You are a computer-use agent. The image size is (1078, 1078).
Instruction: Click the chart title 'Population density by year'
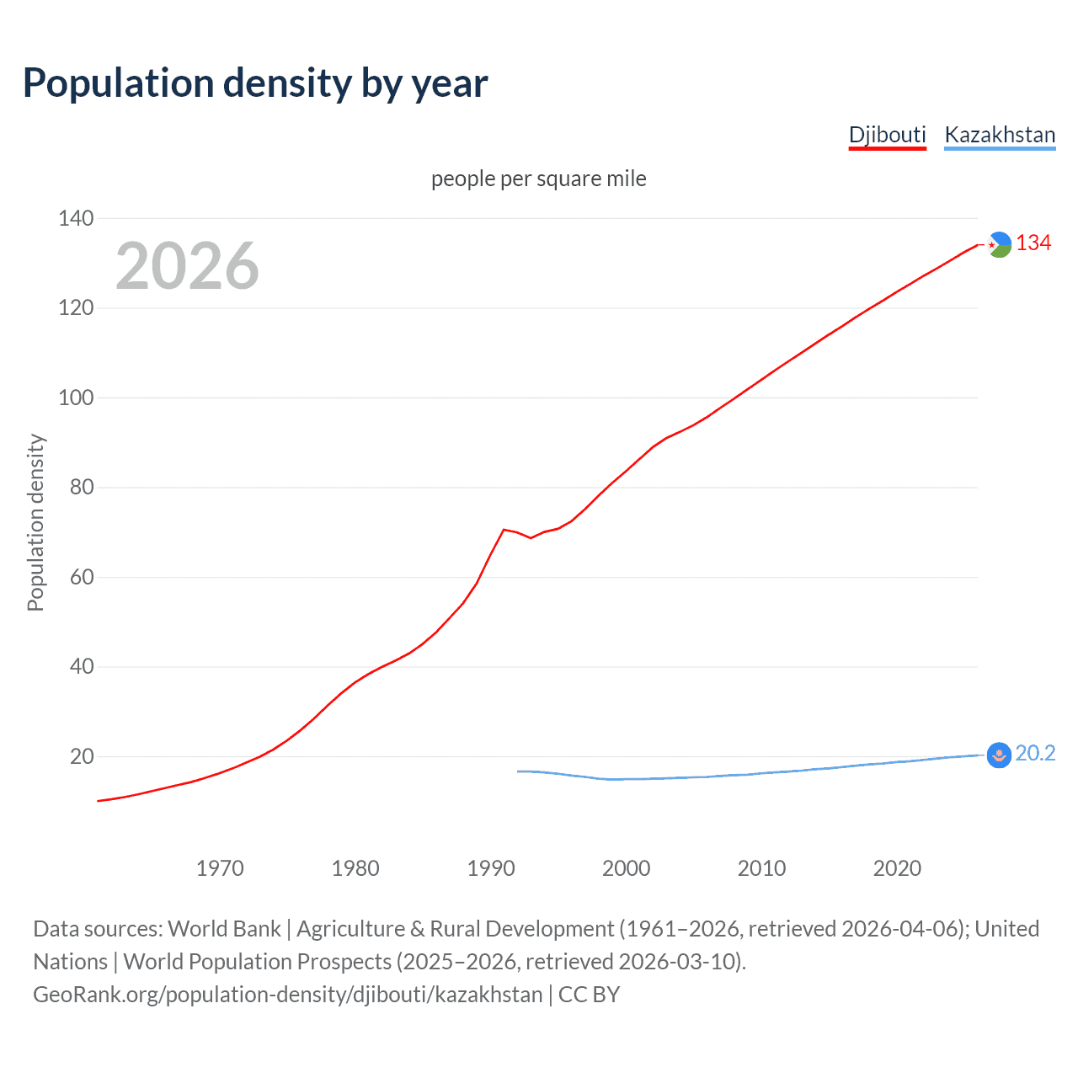(255, 83)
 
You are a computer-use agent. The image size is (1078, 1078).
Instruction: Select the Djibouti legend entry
(887, 135)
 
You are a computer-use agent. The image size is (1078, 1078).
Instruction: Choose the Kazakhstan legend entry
(1000, 135)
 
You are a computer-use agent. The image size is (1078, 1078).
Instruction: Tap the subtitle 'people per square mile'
(538, 179)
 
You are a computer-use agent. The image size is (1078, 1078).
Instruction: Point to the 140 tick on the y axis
(76, 218)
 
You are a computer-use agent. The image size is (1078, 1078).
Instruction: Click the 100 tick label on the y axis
(76, 398)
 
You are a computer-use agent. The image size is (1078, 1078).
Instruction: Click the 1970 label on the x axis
(220, 868)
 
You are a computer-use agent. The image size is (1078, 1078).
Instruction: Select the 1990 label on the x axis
(491, 868)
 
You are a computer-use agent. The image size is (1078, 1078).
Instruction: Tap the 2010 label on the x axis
(761, 868)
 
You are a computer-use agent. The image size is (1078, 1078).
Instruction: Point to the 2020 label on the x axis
(897, 868)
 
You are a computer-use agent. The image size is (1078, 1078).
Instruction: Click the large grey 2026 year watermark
(187, 266)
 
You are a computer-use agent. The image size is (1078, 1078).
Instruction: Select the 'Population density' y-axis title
(35, 522)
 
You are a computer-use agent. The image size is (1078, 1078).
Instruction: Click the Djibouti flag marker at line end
(999, 244)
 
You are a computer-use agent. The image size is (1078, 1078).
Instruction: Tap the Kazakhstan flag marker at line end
(999, 755)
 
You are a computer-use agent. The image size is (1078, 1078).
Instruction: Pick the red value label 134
(1033, 243)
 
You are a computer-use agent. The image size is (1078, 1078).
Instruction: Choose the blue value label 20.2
(1035, 754)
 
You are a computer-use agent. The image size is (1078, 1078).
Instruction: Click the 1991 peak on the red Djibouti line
(504, 530)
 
